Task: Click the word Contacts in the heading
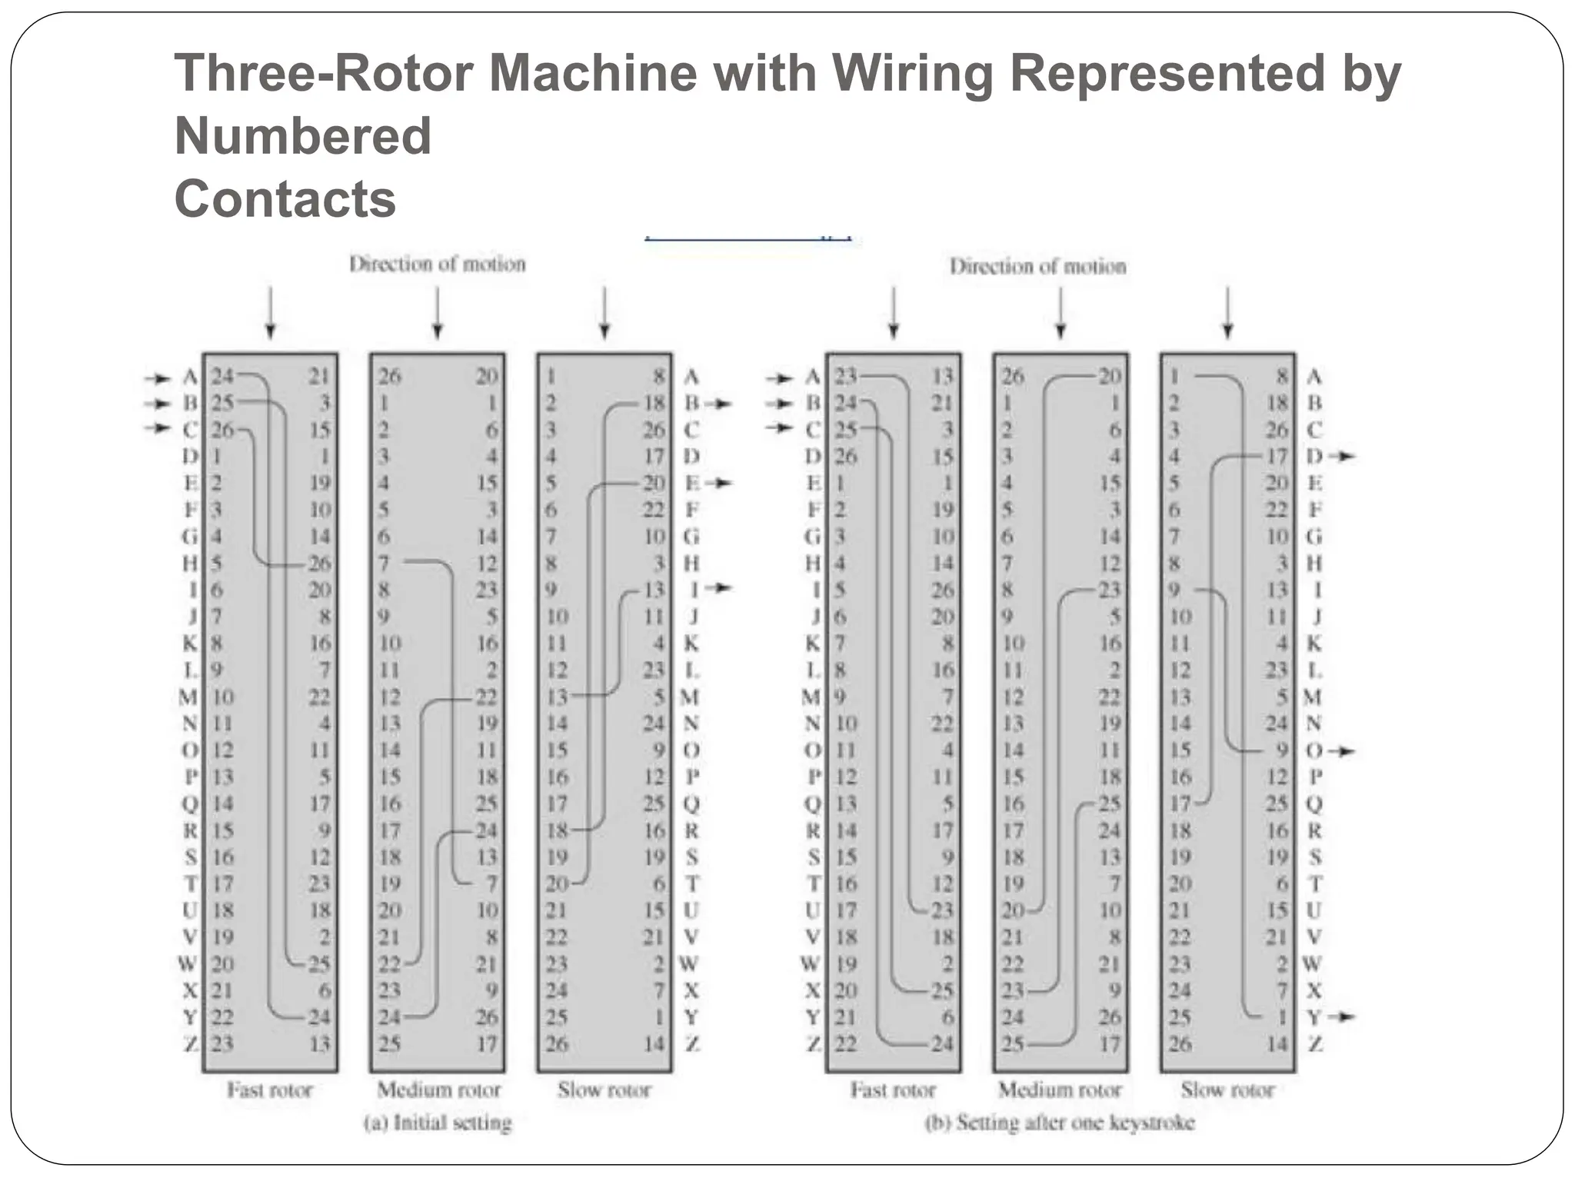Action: pyautogui.click(x=285, y=198)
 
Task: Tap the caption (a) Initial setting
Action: pyautogui.click(x=437, y=1123)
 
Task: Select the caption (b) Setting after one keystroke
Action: pyautogui.click(x=1060, y=1123)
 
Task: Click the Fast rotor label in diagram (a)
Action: pyautogui.click(x=269, y=1090)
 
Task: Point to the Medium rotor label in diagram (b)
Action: pyautogui.click(x=1060, y=1090)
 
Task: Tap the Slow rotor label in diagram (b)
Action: pyautogui.click(x=1227, y=1090)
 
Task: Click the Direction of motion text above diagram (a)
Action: pyautogui.click(x=437, y=264)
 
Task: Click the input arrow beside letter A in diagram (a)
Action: pyautogui.click(x=158, y=378)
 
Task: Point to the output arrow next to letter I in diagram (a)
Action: pyautogui.click(x=721, y=588)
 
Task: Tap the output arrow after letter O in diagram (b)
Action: pyautogui.click(x=1344, y=750)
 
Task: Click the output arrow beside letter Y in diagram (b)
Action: pyautogui.click(x=1344, y=1017)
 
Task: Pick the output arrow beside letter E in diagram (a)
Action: pyautogui.click(x=721, y=483)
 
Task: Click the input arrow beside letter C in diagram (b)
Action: pyautogui.click(x=781, y=428)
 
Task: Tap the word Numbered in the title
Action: pyautogui.click(x=303, y=136)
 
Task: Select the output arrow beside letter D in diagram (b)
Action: pyautogui.click(x=1344, y=457)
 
